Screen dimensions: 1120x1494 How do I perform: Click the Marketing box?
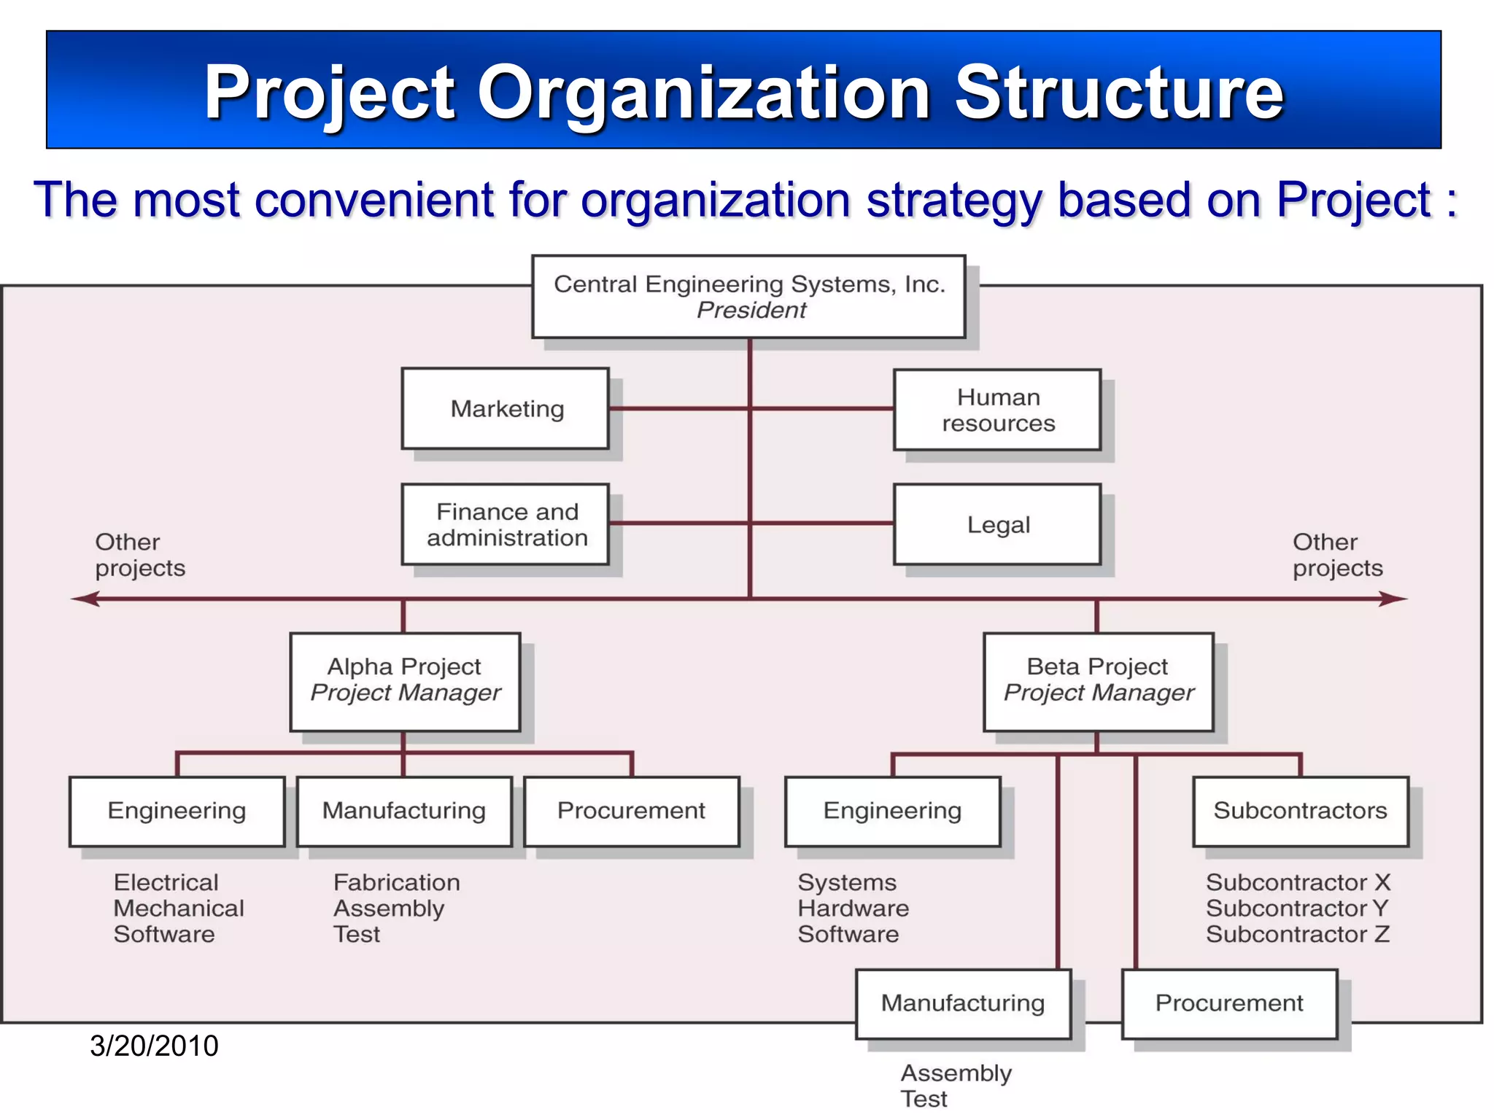pos(506,408)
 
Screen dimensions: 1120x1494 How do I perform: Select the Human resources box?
pos(997,410)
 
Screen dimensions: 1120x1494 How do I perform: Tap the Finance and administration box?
pos(506,524)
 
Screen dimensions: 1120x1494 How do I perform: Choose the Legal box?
pos(997,524)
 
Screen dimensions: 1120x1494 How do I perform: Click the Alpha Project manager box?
pos(405,681)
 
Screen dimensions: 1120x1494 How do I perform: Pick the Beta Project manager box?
pos(1098,681)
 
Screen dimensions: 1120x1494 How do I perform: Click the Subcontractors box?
pos(1300,811)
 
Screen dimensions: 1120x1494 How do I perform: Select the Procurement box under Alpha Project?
pos(631,811)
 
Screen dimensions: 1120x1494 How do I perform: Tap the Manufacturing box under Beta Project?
pos(963,1003)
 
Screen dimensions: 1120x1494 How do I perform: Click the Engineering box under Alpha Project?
pos(177,811)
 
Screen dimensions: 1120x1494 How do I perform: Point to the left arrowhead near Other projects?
pos(84,599)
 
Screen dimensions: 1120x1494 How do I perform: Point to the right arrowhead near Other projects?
pos(1395,599)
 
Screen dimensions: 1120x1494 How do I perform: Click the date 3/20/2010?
pos(154,1046)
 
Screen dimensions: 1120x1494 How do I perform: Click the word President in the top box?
pos(751,310)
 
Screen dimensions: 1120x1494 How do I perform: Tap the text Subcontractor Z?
pos(1297,934)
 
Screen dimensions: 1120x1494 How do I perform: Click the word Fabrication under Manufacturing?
pos(396,882)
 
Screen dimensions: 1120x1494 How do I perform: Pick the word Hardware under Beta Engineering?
pos(853,909)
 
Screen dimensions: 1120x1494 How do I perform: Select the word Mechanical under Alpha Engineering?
pos(179,909)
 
